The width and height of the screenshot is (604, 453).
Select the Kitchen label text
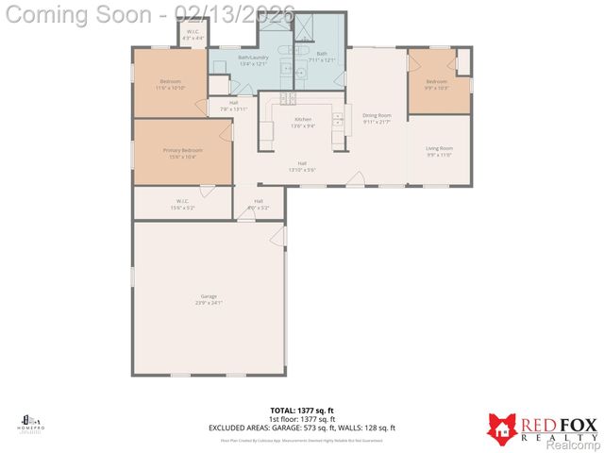pyautogui.click(x=302, y=122)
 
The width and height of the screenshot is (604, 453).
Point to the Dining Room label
pyautogui.click(x=377, y=119)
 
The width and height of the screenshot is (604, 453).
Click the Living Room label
pyautogui.click(x=439, y=151)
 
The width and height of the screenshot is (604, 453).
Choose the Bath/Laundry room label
pyautogui.click(x=253, y=61)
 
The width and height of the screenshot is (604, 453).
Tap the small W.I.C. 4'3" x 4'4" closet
pyautogui.click(x=193, y=35)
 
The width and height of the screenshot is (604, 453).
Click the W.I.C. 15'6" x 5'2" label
pyautogui.click(x=183, y=203)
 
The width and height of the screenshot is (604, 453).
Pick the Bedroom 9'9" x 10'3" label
pyautogui.click(x=436, y=85)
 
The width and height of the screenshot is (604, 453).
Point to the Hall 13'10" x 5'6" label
pyautogui.click(x=302, y=166)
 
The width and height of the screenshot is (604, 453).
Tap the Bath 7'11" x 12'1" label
pyautogui.click(x=322, y=58)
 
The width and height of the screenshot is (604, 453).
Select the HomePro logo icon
pyautogui.click(x=29, y=420)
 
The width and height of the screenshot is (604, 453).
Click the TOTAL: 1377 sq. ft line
pyautogui.click(x=301, y=411)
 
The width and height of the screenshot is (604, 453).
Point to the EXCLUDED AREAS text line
pyautogui.click(x=301, y=428)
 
